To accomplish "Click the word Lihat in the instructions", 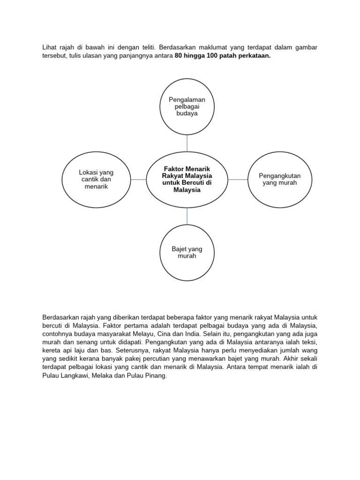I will point(50,47).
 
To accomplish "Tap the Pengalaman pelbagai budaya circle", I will point(187,106).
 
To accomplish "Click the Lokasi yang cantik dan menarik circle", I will point(96,180).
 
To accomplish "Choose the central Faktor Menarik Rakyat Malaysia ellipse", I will point(187,180).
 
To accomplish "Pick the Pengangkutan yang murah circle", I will point(279,180).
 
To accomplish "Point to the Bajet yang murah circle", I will point(187,253).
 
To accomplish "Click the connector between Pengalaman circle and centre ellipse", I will point(187,143).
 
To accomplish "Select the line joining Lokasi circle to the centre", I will point(138,180).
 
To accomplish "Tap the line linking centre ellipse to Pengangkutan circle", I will point(238,180).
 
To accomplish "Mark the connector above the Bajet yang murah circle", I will point(187,216).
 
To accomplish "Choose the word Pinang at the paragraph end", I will point(157,376).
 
